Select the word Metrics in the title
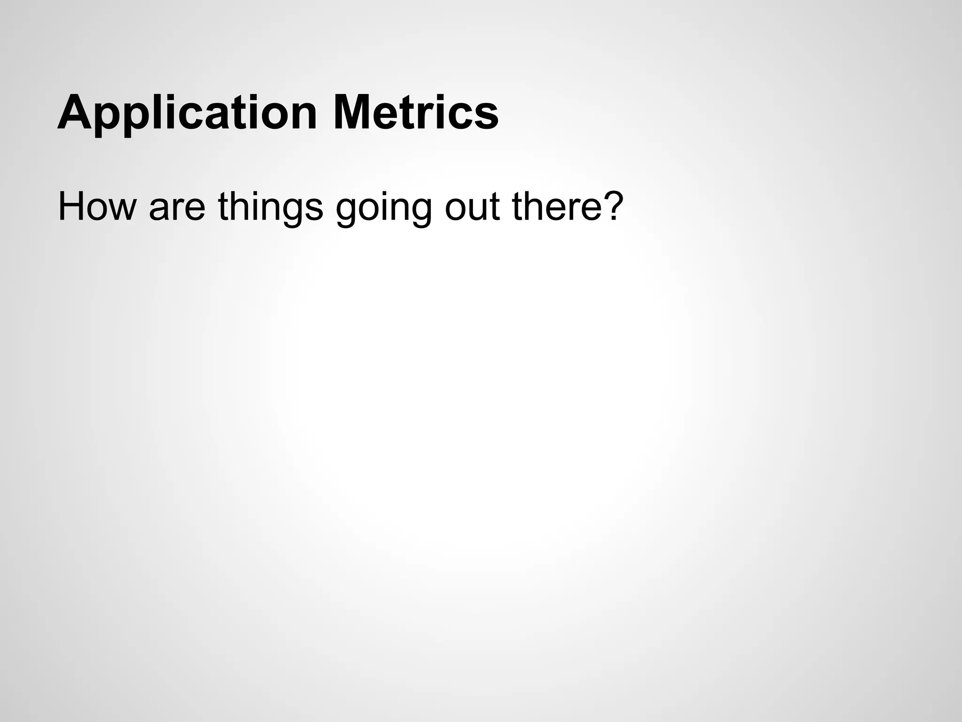(x=415, y=113)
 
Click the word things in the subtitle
(x=271, y=207)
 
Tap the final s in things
(x=312, y=210)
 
